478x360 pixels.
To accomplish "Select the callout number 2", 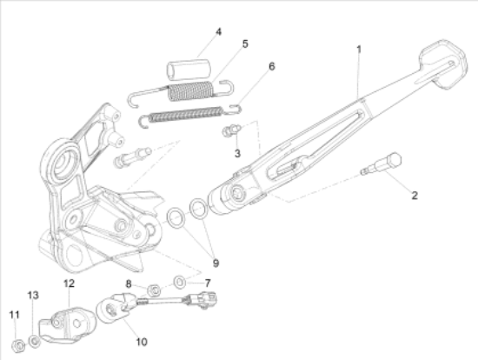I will tap(415, 195).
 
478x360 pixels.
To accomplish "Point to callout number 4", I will tap(218, 32).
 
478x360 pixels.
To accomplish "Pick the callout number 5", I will tap(245, 43).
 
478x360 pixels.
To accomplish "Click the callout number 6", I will tap(271, 66).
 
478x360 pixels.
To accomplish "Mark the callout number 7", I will tap(206, 283).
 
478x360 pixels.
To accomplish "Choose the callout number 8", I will tap(129, 283).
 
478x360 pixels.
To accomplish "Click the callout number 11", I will tap(13, 314).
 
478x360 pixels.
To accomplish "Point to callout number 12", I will tap(69, 283).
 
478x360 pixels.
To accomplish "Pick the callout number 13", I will tap(34, 296).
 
